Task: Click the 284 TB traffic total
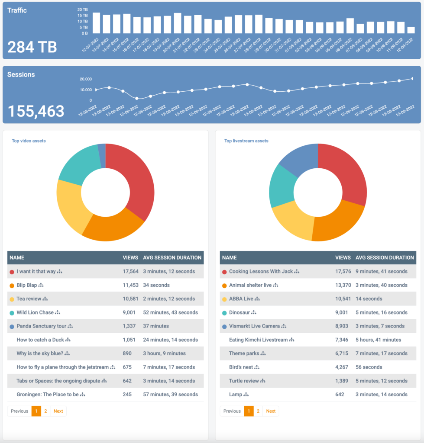point(32,46)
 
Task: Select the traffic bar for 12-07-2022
point(96,23)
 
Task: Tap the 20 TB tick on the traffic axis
point(82,9)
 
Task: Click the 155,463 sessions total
point(36,111)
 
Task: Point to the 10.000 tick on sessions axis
point(85,90)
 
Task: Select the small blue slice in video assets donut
point(102,155)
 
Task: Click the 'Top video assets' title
point(29,141)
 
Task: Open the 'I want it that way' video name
point(36,272)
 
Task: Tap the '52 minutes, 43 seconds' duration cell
point(170,312)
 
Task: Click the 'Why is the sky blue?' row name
point(40,353)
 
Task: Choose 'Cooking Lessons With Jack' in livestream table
point(261,272)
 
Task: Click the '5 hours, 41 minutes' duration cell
point(378,340)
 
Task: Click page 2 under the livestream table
point(258,411)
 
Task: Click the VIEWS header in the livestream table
point(343,257)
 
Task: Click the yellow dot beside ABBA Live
point(224,299)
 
